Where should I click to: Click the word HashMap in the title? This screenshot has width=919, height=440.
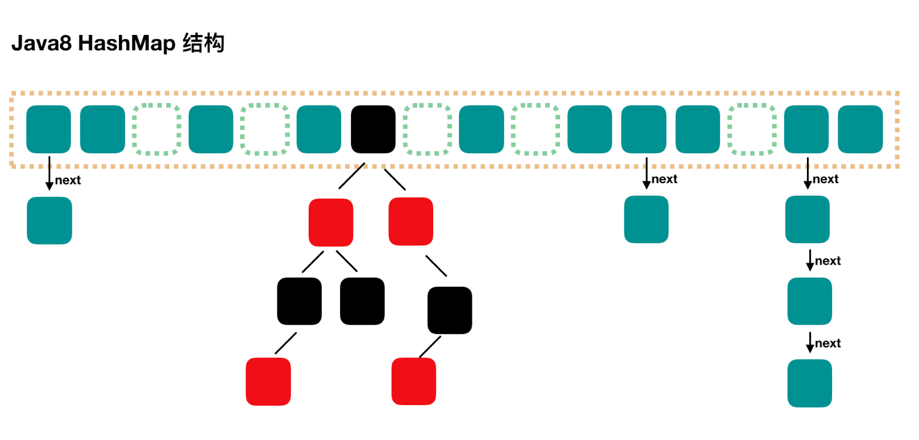click(127, 44)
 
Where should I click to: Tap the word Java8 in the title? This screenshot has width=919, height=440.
click(42, 43)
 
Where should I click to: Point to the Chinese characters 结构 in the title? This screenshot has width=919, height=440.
click(203, 43)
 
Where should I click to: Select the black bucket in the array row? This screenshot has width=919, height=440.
click(373, 129)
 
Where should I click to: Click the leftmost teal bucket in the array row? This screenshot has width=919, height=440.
click(48, 129)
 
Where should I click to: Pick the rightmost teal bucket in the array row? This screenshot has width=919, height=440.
click(860, 129)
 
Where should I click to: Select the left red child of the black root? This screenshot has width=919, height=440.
click(331, 222)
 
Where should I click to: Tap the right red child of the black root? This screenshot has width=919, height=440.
click(410, 222)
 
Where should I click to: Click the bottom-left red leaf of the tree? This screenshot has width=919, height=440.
click(268, 382)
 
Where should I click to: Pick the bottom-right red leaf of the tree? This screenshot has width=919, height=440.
click(414, 381)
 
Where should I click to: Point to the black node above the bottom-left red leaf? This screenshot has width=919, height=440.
click(300, 302)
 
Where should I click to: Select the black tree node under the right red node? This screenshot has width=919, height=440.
click(450, 310)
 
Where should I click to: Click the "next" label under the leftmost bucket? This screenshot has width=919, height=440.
click(67, 180)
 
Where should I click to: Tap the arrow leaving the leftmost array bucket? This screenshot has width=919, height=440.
click(49, 173)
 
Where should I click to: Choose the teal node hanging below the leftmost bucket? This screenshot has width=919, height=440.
click(49, 221)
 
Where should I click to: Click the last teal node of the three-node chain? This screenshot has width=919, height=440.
click(810, 384)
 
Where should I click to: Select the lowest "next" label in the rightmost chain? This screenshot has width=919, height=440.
click(828, 343)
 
